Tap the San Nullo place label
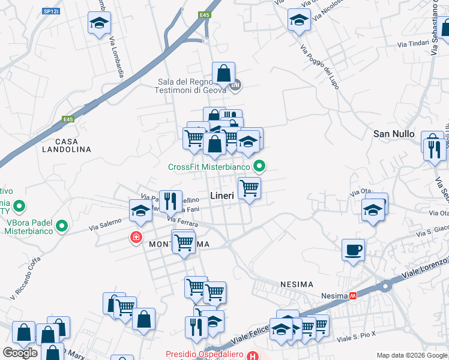pyautogui.click(x=394, y=133)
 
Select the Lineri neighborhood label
pyautogui.click(x=221, y=196)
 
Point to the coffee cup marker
pyautogui.click(x=353, y=249)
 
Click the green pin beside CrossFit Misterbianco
pyautogui.click(x=259, y=166)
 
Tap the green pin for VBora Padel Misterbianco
pyautogui.click(x=61, y=226)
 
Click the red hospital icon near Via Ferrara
pyautogui.click(x=137, y=238)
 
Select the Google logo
pyautogui.click(x=20, y=353)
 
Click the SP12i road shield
pyautogui.click(x=51, y=11)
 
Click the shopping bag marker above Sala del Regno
pyautogui.click(x=223, y=74)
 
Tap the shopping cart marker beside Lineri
pyautogui.click(x=249, y=188)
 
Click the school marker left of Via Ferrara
pyautogui.click(x=140, y=211)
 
